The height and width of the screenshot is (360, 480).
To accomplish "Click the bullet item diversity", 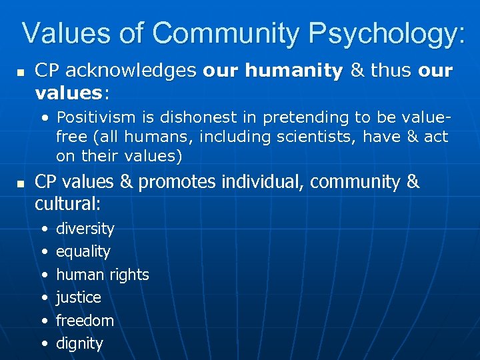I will (x=85, y=229).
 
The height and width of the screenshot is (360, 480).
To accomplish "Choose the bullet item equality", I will (x=83, y=251).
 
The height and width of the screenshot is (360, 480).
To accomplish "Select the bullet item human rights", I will (x=103, y=275).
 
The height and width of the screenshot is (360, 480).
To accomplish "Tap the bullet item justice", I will (x=79, y=297).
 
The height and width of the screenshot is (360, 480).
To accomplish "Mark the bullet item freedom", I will (x=85, y=321).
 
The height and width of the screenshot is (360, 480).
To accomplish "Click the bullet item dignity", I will (x=79, y=344).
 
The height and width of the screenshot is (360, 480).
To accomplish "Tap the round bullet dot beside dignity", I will (x=44, y=344).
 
